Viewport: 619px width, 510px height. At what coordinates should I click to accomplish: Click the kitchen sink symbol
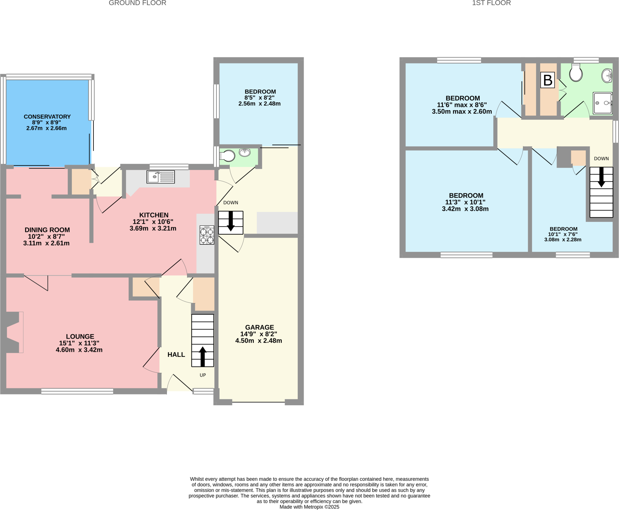click(160, 177)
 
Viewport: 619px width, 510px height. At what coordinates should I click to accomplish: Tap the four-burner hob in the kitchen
click(207, 235)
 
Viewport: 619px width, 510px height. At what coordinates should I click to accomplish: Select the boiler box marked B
click(547, 80)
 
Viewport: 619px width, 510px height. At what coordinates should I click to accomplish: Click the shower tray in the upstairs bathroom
click(602, 103)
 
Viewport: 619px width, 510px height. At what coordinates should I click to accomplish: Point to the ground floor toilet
click(228, 156)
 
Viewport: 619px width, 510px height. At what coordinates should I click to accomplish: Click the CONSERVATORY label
click(47, 117)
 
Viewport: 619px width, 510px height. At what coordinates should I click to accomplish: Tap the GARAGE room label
click(259, 327)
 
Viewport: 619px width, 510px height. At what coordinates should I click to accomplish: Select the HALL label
click(176, 354)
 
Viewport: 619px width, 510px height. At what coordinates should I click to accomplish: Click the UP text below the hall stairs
click(203, 375)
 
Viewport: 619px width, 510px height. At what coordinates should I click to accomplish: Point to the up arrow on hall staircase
click(203, 356)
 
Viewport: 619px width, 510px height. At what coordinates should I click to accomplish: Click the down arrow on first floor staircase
click(601, 178)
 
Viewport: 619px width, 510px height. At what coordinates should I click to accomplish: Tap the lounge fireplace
click(14, 332)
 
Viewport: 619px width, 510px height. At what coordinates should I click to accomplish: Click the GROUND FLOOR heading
click(137, 3)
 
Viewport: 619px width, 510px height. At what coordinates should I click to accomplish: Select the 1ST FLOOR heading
click(491, 3)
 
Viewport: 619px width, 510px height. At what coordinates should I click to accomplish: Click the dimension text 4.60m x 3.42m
click(79, 350)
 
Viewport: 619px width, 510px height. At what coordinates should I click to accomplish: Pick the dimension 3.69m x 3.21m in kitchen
click(153, 228)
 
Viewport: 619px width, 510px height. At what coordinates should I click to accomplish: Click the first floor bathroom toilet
click(576, 73)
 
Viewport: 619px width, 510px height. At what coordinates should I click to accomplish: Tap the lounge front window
click(77, 391)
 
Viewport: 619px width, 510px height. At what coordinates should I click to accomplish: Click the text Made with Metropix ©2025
click(309, 507)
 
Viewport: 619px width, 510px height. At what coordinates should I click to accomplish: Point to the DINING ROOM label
click(47, 230)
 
